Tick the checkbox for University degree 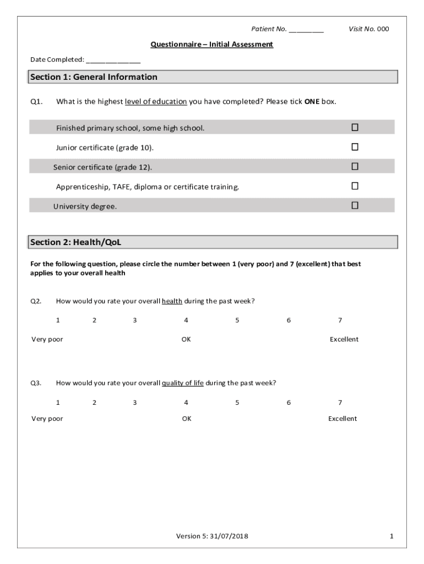click(x=355, y=205)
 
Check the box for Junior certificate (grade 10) click(x=355, y=147)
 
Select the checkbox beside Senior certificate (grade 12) click(x=355, y=166)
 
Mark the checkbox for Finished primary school click(x=355, y=128)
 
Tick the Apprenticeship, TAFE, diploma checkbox click(x=355, y=186)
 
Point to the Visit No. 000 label click(x=368, y=29)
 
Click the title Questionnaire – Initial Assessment click(x=212, y=45)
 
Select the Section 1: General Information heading click(x=94, y=77)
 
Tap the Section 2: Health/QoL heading click(x=79, y=242)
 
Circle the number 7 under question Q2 click(x=340, y=321)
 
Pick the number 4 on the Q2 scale click(x=186, y=321)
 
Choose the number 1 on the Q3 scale click(x=58, y=403)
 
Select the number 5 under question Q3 click(x=237, y=403)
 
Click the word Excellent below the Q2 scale click(x=344, y=339)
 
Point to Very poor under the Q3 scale click(x=47, y=419)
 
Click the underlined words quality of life click(x=183, y=383)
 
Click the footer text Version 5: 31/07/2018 click(x=212, y=536)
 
